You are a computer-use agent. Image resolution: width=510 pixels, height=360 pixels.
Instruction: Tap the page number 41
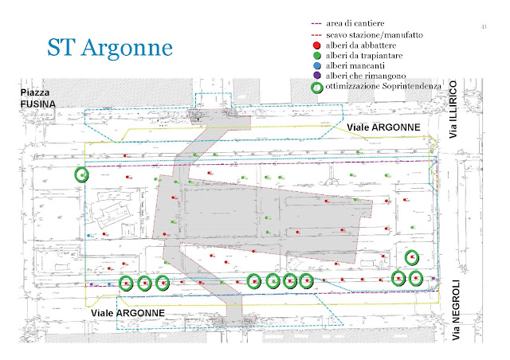tap(484, 28)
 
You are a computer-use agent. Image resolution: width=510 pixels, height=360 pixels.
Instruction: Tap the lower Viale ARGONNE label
tap(126, 313)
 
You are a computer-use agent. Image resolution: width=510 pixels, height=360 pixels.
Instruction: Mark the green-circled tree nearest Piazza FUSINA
tap(80, 174)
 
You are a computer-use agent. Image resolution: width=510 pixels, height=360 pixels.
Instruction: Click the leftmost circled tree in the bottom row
tap(125, 282)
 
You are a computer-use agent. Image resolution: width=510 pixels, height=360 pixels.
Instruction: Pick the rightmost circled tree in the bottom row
tap(416, 278)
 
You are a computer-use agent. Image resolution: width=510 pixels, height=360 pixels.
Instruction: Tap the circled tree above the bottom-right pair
tap(411, 256)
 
